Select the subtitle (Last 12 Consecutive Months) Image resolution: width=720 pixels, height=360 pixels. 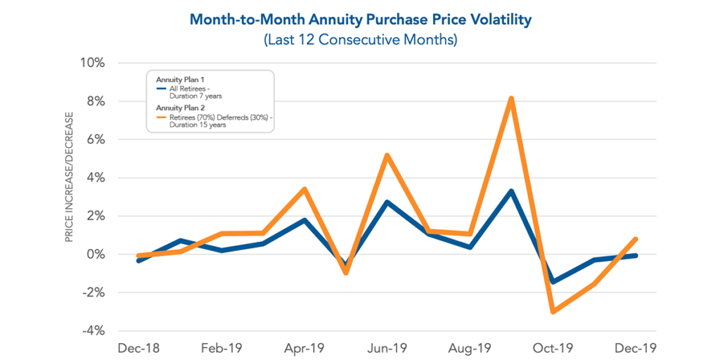pos(360,39)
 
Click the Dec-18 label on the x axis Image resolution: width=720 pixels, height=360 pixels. pos(139,348)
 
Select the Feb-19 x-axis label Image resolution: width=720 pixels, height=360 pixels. pos(221,348)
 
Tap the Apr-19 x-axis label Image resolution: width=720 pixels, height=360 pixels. pos(304,348)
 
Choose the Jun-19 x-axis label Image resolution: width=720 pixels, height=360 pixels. pos(387,348)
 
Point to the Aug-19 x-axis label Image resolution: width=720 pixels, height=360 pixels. pos(470,348)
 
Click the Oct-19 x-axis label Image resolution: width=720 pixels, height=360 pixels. pos(553,348)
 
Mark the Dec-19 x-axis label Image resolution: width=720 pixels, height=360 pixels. pos(636,348)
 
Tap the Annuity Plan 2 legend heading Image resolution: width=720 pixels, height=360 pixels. pos(179,108)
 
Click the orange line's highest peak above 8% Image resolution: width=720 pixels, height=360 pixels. pos(511,99)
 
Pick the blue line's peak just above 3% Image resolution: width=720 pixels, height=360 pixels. pos(511,191)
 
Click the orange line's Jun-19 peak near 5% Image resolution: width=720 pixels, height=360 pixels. pos(387,155)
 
